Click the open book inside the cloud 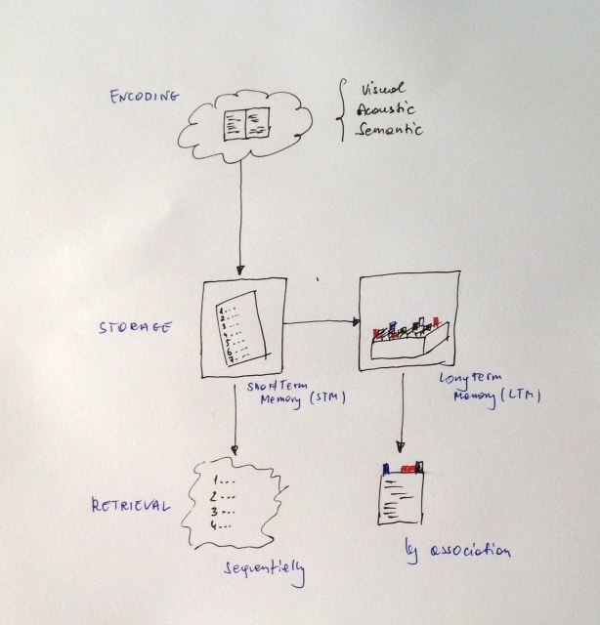click(x=244, y=121)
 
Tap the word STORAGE click(x=139, y=328)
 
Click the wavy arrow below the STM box click(x=236, y=420)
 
